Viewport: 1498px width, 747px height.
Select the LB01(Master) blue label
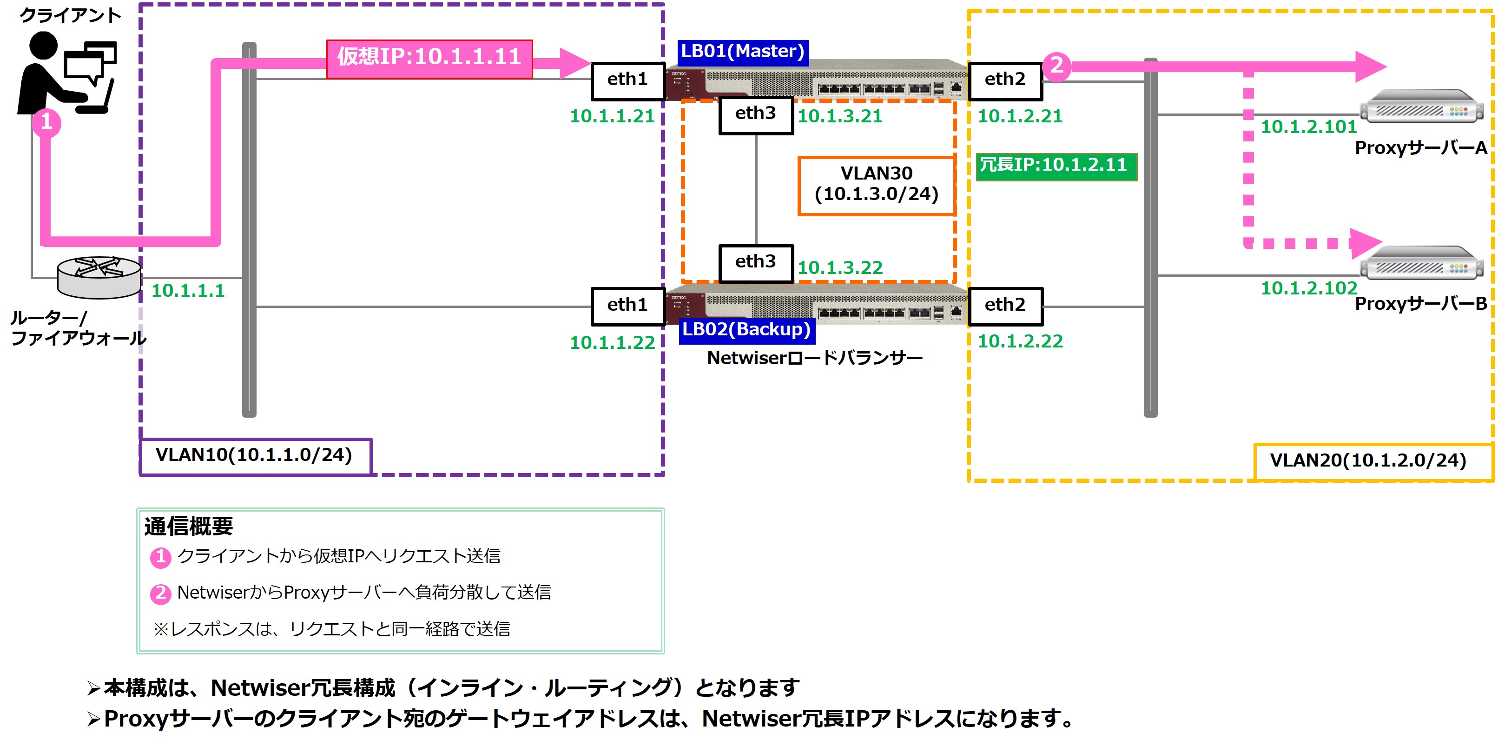pyautogui.click(x=743, y=51)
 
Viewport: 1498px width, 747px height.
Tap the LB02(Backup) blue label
pyautogui.click(x=746, y=329)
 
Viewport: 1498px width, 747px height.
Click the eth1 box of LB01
pyautogui.click(x=627, y=80)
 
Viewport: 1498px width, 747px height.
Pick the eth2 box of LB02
pyautogui.click(x=1005, y=306)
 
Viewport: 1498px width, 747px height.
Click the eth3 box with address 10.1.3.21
pyautogui.click(x=755, y=114)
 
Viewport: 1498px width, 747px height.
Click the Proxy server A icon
pyautogui.click(x=1421, y=106)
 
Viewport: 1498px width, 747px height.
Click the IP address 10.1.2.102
pyautogui.click(x=1308, y=288)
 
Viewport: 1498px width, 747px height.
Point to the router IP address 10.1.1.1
pyautogui.click(x=188, y=290)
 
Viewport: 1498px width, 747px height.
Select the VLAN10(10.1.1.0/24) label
pyautogui.click(x=254, y=455)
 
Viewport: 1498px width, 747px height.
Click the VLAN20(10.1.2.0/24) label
pyautogui.click(x=1368, y=461)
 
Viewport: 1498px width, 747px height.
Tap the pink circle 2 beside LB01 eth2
pyautogui.click(x=1056, y=65)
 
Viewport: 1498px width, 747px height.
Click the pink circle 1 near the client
pyautogui.click(x=46, y=122)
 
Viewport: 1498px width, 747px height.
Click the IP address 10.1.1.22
pyautogui.click(x=612, y=343)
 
